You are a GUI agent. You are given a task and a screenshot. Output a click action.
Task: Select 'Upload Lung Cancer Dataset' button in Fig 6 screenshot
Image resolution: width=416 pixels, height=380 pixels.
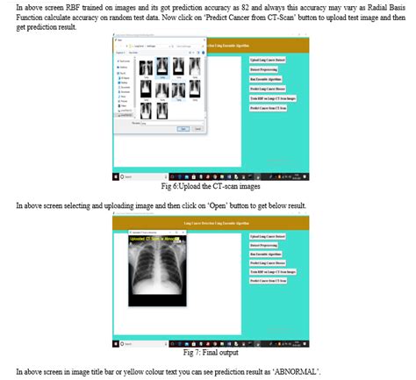tap(269, 59)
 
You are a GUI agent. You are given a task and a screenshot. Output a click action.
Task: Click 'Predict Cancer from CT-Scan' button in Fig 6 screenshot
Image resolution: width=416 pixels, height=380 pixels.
tap(269, 108)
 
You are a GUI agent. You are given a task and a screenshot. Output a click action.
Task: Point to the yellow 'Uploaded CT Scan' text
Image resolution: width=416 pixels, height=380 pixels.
tap(154, 239)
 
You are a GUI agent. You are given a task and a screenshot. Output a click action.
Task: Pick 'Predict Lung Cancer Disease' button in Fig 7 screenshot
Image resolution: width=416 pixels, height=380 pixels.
tap(268, 263)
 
